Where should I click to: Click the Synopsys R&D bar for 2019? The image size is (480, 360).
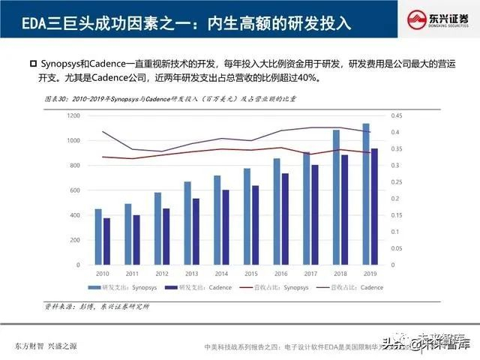pyautogui.click(x=366, y=195)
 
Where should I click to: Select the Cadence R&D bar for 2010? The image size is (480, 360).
pyautogui.click(x=106, y=241)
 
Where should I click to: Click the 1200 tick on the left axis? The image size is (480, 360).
pyautogui.click(x=73, y=115)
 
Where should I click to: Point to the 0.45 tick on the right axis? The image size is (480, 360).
pyautogui.click(x=396, y=115)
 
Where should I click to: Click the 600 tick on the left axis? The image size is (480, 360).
pyautogui.click(x=74, y=190)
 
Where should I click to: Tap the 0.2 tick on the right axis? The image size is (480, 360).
pyautogui.click(x=394, y=199)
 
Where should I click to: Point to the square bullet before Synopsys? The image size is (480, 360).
pyautogui.click(x=32, y=62)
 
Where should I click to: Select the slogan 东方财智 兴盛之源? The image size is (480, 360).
pyautogui.click(x=45, y=346)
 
